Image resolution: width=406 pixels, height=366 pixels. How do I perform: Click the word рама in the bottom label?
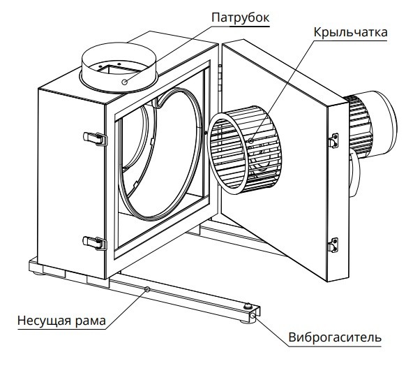92,321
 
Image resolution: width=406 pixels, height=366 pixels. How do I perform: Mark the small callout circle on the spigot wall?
123,82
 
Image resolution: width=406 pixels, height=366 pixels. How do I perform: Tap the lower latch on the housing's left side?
94,242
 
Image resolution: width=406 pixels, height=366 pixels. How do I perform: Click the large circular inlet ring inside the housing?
160,161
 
